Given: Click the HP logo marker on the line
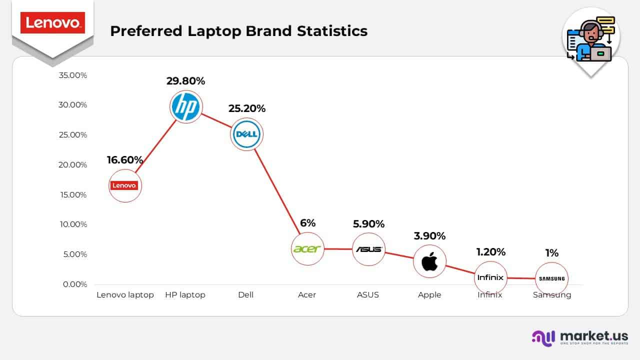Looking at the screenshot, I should pos(185,107).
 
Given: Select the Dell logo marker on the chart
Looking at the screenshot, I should pos(246,134).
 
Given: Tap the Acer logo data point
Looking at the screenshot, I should pos(307,249).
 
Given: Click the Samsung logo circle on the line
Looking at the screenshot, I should pos(551,278).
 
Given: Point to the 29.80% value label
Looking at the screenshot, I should pos(185,81).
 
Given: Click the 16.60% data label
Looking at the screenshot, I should pos(125,160).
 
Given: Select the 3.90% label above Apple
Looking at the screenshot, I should pos(429,236).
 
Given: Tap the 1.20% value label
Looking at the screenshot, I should pos(490,252).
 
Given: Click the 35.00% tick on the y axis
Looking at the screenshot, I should pos(72,75).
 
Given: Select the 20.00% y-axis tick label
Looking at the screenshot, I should pos(72,164).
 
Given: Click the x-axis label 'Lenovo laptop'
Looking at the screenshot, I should pos(125,295).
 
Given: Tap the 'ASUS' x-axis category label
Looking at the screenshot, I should pos(368,295).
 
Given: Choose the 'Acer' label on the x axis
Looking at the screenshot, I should pos(307,295).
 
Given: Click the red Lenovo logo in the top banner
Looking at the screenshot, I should pos(52,23).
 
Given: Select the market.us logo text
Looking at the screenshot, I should pos(594,335).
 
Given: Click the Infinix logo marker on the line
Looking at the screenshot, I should pos(490,277).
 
